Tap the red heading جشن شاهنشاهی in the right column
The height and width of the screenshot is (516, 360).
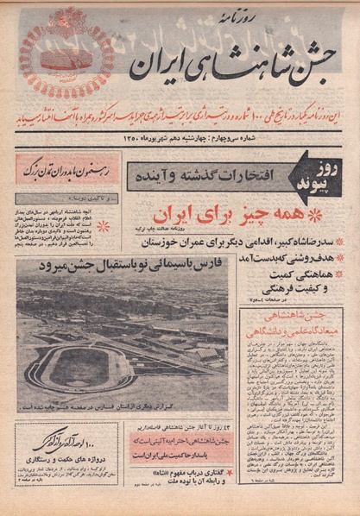click(292, 321)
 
